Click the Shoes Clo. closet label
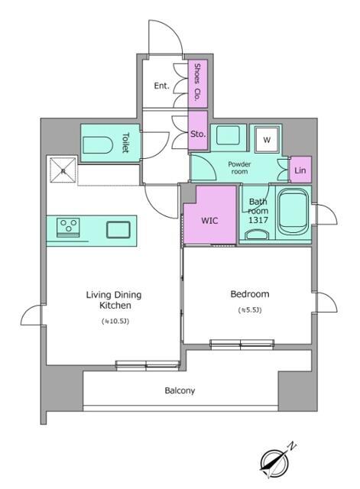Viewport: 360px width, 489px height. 197,82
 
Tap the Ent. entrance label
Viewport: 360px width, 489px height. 161,86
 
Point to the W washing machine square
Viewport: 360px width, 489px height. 267,140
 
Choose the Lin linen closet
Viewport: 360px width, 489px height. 300,170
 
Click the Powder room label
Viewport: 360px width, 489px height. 239,168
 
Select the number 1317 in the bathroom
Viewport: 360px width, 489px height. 258,220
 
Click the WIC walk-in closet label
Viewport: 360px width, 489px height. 209,221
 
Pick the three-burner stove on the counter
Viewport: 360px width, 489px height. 68,228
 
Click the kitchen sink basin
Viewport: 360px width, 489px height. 118,229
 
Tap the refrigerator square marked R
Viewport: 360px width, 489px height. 63,170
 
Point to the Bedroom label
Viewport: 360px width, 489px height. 250,293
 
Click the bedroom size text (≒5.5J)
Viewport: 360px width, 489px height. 250,310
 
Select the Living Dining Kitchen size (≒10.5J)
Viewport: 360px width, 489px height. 115,321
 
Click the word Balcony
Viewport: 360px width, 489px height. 180,390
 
